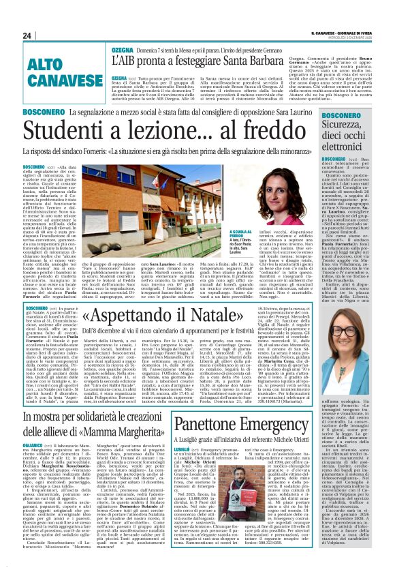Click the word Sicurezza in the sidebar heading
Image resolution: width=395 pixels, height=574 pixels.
tap(355, 124)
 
